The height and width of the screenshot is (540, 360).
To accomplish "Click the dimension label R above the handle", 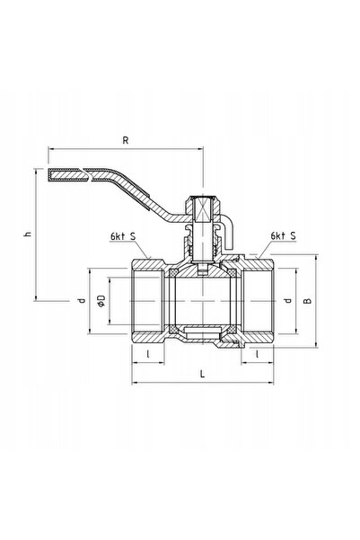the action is click(x=126, y=140).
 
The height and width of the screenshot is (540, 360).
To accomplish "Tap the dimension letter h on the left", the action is click(x=28, y=234).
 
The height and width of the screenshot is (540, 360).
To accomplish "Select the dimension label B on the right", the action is click(x=308, y=300).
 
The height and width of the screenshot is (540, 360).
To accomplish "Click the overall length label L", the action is click(x=202, y=374).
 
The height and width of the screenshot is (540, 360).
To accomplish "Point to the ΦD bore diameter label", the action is click(x=101, y=301).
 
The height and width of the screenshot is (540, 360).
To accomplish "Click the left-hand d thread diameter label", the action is click(x=81, y=301).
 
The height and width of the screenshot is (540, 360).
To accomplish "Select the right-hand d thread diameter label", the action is click(x=287, y=300).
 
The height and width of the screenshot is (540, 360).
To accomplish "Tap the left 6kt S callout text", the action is click(x=123, y=236).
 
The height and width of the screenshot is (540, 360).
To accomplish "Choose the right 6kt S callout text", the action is click(x=284, y=236).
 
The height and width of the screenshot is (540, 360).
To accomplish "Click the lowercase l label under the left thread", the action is click(x=148, y=354).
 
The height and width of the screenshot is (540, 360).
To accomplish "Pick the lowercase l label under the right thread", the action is click(x=257, y=354).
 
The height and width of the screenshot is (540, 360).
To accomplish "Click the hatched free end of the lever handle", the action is click(x=66, y=174).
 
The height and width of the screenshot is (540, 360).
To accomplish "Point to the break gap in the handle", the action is click(x=87, y=174).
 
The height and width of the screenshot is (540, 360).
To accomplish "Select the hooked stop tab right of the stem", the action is click(x=227, y=231).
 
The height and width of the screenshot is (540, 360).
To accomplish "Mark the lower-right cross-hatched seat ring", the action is click(x=233, y=330).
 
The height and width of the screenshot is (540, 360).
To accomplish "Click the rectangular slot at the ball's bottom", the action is click(x=202, y=332).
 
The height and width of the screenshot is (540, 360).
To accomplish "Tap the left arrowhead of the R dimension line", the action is click(x=51, y=149).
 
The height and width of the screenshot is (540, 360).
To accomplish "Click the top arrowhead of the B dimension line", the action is click(x=316, y=258).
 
